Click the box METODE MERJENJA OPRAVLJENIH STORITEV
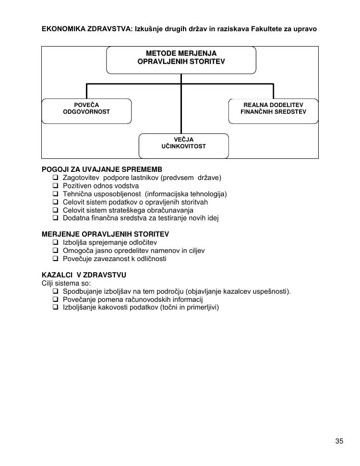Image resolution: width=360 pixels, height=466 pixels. [181, 60]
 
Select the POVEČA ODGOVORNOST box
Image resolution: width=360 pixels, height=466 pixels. [86, 111]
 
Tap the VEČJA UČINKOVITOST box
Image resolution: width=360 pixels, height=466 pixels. [183, 146]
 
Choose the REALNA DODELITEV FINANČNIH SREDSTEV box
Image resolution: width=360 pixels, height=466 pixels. [273, 111]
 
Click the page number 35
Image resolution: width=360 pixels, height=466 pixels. [339, 442]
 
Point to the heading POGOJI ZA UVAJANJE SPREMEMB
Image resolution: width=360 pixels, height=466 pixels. [102, 170]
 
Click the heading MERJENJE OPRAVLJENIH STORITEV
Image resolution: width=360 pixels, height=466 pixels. [106, 234]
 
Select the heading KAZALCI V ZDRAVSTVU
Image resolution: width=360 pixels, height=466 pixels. [84, 275]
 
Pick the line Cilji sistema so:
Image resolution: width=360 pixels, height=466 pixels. [63, 283]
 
